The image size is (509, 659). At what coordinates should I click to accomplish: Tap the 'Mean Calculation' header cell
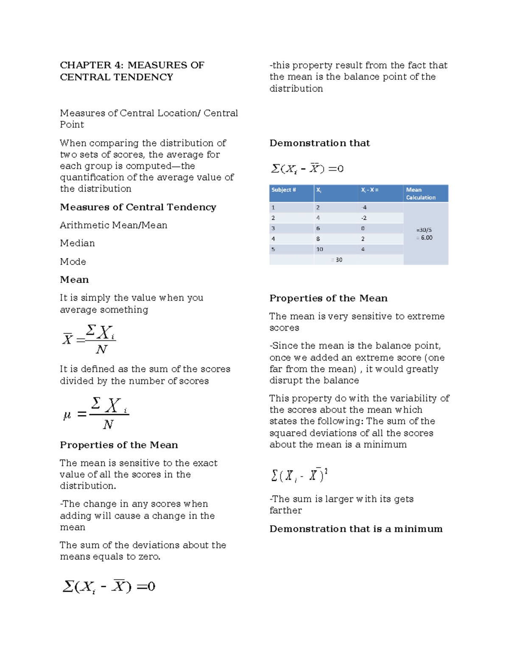coord(420,193)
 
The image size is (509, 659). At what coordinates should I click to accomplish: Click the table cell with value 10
coord(319,249)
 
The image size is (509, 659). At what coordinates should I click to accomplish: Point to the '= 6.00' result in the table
coord(425,238)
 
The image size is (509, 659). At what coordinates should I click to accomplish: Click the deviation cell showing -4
coord(364,208)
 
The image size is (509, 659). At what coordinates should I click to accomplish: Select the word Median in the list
coord(77,243)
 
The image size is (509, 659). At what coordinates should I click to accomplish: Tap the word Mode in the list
coord(73,261)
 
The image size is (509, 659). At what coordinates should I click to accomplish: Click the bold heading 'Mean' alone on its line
coord(74,280)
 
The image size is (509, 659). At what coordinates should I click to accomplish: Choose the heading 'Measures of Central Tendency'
coord(138,207)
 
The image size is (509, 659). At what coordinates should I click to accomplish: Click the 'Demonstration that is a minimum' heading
coord(356,529)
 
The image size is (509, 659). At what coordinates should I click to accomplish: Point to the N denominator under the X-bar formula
coord(101,349)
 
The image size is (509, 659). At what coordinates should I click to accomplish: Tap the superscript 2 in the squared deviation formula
coord(326,471)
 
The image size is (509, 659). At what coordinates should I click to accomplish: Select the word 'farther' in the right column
coord(285,510)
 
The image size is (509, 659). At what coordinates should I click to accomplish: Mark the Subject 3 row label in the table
coord(273,228)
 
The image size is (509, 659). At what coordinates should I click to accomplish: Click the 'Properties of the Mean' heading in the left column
coord(119,445)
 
